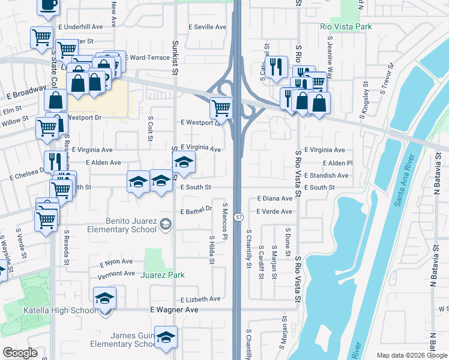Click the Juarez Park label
[x=162, y=275]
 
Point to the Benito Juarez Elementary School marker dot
[x=165, y=224]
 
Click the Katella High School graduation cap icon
[x=105, y=298]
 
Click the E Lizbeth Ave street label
[x=200, y=299]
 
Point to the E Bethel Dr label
[x=197, y=210]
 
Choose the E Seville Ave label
[x=207, y=27]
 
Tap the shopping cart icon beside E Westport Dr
[x=221, y=108]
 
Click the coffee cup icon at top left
[x=48, y=5]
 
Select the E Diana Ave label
[x=274, y=198]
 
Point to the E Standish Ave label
[x=326, y=176]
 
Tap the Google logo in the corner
[x=20, y=353]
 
